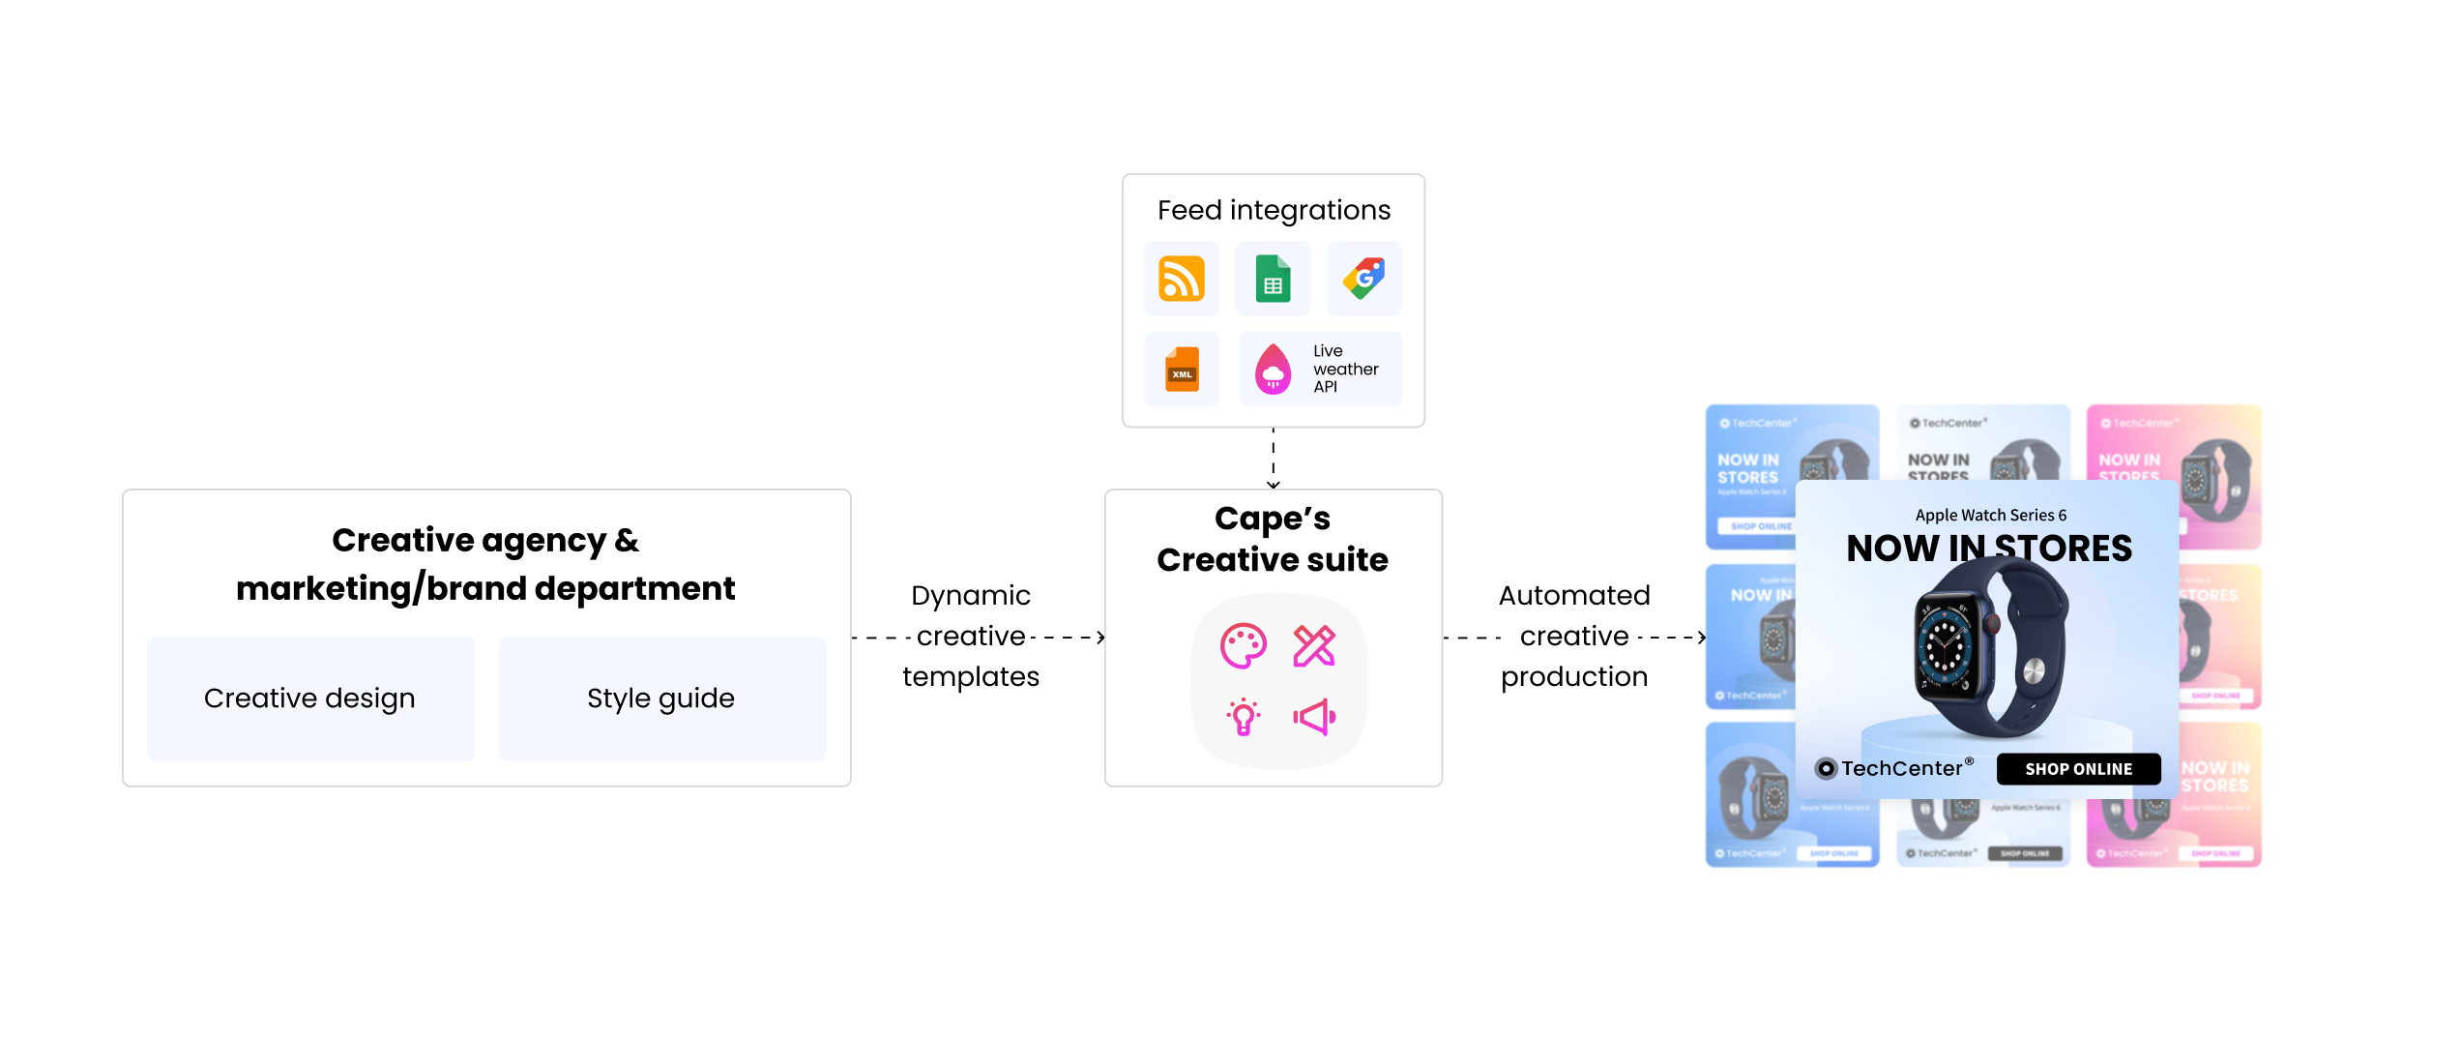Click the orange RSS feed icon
click(1181, 279)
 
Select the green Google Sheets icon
click(1273, 279)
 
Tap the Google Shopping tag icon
click(1363, 279)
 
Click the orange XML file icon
click(1182, 370)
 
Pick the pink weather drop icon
click(1273, 370)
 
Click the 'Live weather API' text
click(1344, 369)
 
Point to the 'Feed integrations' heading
click(1274, 210)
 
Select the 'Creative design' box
click(310, 698)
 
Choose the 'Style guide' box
click(661, 698)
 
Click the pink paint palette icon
click(1243, 646)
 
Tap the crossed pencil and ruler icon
click(1314, 646)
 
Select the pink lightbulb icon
click(1244, 717)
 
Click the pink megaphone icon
click(1314, 717)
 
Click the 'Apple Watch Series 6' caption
click(1990, 516)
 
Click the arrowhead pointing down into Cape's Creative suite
click(1274, 484)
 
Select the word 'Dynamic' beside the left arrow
click(971, 596)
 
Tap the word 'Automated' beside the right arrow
click(1574, 596)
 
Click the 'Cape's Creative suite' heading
click(1273, 539)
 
